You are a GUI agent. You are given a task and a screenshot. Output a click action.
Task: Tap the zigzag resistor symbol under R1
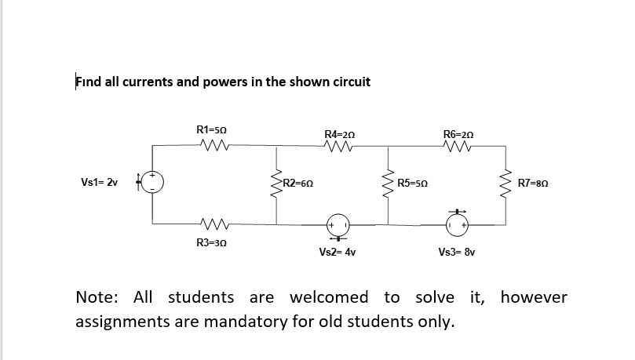pyautogui.click(x=213, y=144)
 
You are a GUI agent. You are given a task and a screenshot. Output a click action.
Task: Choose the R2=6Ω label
pyautogui.click(x=300, y=184)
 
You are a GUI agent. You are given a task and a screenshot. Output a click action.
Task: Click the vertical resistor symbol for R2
pyautogui.click(x=275, y=183)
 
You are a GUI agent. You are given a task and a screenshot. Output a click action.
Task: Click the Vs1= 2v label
pyautogui.click(x=100, y=184)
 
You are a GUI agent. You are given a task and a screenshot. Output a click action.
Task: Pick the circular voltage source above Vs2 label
pyautogui.click(x=338, y=225)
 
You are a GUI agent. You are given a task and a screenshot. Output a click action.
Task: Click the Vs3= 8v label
pyautogui.click(x=458, y=253)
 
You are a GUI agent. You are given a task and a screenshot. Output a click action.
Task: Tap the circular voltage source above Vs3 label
pyautogui.click(x=458, y=225)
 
